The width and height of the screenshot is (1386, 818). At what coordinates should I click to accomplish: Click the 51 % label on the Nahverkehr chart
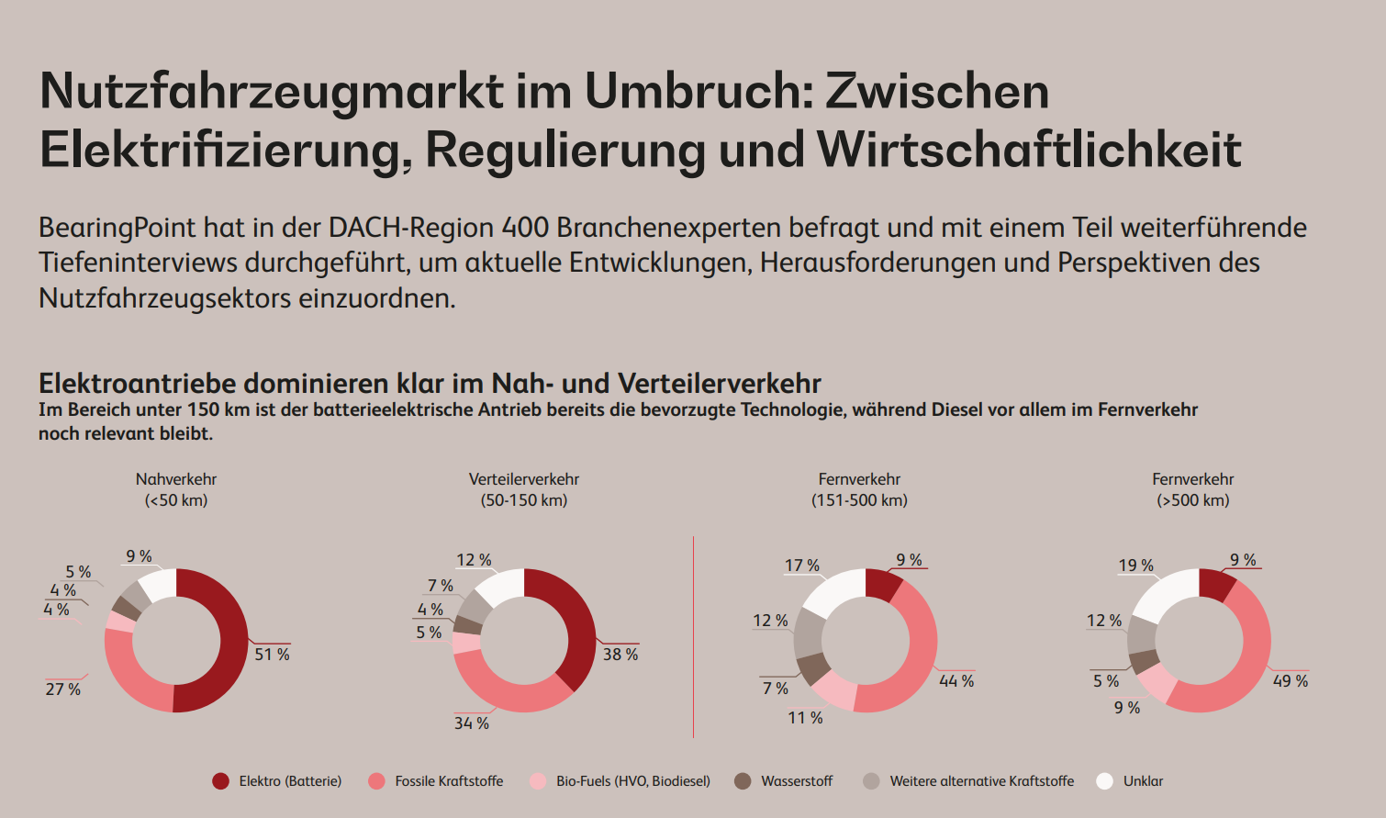point(272,655)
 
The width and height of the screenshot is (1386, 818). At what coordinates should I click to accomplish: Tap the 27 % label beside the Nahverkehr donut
point(62,689)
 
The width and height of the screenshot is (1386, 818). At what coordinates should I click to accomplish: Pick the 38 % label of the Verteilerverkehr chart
point(620,655)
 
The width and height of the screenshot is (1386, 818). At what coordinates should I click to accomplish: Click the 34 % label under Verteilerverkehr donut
point(471,723)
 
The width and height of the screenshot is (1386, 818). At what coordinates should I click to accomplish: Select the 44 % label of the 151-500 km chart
point(956,681)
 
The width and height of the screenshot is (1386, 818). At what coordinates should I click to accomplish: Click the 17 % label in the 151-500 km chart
point(801,566)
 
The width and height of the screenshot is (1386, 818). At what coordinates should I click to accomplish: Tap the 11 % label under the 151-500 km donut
point(805,718)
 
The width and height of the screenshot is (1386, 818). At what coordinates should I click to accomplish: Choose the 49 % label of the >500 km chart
point(1291,681)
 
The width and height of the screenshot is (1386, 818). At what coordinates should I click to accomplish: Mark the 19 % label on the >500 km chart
point(1135,566)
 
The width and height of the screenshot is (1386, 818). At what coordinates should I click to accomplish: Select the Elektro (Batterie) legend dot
point(220,781)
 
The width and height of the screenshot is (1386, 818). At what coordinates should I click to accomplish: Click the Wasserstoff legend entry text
point(797,781)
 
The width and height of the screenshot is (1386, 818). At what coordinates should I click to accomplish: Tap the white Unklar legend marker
point(1104,781)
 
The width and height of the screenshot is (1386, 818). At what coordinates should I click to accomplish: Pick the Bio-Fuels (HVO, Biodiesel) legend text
point(633,781)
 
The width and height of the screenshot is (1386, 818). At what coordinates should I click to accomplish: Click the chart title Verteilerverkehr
point(524,479)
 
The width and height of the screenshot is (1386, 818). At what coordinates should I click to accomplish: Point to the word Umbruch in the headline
point(694,91)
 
